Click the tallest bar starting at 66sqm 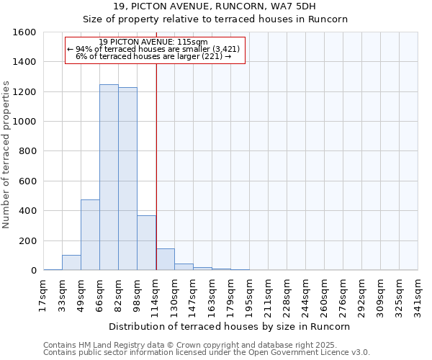109,177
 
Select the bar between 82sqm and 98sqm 127,179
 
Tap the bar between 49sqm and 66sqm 90,235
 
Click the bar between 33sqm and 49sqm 71,263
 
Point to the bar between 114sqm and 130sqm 165,259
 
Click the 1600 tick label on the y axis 24,32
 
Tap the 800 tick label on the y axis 27,151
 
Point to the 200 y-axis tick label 27,240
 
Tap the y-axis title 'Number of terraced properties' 6,154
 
